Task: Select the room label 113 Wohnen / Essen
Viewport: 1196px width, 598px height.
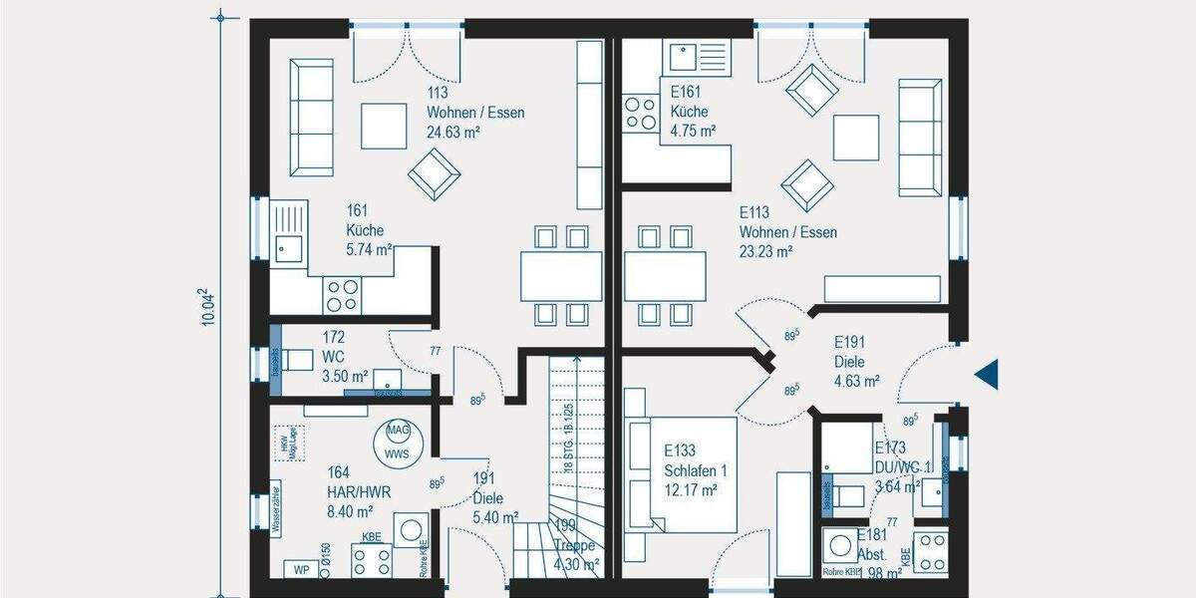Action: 475,113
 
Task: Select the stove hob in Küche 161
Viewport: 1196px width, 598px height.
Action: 342,294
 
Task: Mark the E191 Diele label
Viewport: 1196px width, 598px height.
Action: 856,361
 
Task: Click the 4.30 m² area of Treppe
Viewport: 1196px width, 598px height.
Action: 577,564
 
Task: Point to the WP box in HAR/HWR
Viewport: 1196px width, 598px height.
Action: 299,569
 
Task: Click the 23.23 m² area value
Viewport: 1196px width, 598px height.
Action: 765,252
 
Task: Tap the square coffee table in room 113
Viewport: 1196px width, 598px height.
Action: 384,126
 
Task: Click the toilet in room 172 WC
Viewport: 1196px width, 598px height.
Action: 297,361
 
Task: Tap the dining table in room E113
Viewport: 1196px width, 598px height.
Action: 665,275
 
